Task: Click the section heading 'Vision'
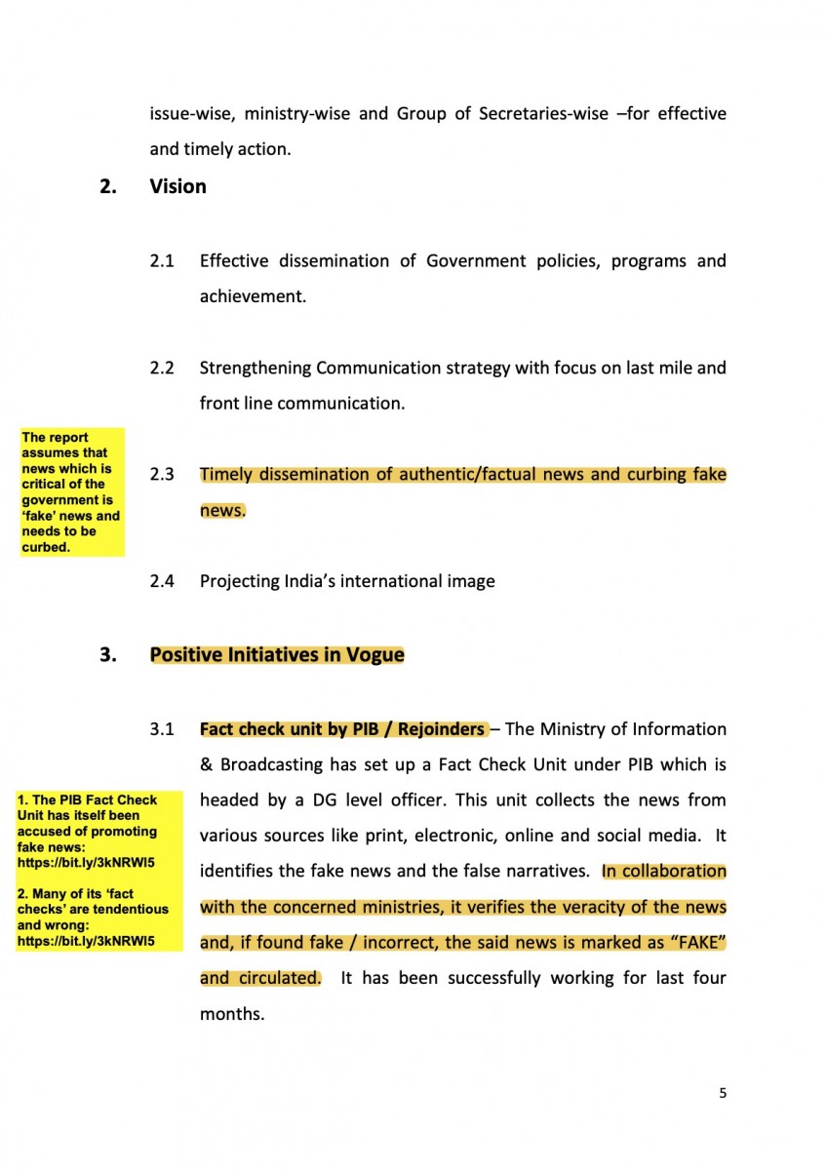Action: (177, 186)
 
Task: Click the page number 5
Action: (723, 1093)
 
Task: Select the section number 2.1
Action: (162, 261)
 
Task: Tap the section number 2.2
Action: (162, 369)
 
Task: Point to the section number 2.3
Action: (162, 475)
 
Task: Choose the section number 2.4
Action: (162, 581)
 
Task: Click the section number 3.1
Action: (162, 729)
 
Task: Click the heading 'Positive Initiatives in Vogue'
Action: (277, 654)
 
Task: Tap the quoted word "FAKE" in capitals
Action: (694, 943)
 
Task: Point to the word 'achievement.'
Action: (253, 296)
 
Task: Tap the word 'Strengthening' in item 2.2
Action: (254, 369)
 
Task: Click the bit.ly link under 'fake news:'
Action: (86, 863)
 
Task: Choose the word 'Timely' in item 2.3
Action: (227, 475)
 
